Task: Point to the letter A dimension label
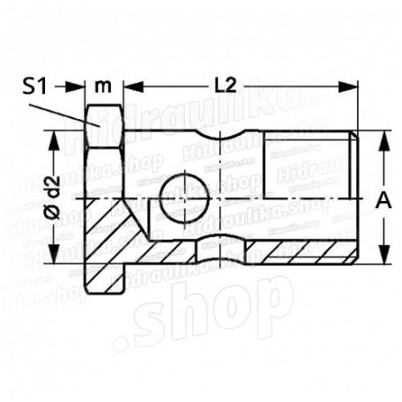(382, 201)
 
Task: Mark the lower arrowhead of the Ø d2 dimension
(56, 259)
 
